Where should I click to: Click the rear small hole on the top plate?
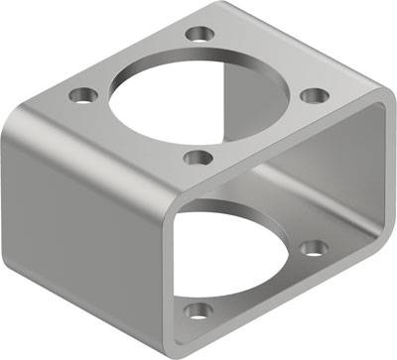[x=202, y=34]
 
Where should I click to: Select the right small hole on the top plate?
[x=314, y=95]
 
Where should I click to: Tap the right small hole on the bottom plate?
[x=315, y=247]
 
